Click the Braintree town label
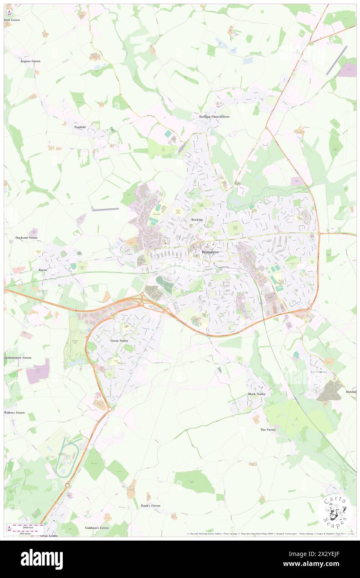click(210, 252)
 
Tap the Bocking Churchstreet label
click(214, 117)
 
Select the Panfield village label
click(80, 127)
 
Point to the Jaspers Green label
click(30, 61)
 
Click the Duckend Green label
click(26, 237)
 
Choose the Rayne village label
click(43, 270)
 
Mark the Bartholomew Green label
click(18, 358)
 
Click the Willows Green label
click(15, 413)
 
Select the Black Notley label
click(256, 394)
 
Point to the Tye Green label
click(318, 372)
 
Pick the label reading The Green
click(268, 430)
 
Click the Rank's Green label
click(150, 506)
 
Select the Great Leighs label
click(49, 536)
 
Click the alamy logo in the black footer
click(42, 559)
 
